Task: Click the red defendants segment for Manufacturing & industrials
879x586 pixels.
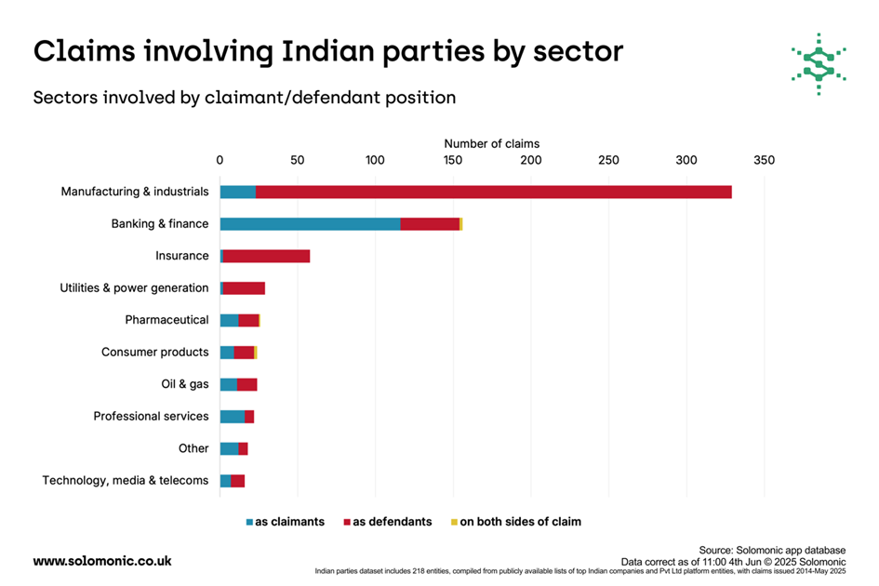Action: pos(493,192)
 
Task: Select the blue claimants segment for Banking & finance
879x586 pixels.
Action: pos(310,223)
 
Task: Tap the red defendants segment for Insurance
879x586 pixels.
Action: pos(266,256)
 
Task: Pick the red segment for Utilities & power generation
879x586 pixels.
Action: pos(244,287)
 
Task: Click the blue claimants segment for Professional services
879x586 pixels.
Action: pos(232,416)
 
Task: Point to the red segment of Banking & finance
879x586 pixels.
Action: pos(430,223)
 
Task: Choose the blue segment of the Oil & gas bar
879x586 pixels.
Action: pos(228,384)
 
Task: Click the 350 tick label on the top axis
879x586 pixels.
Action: pos(764,160)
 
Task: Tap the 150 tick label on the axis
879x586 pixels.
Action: pos(453,160)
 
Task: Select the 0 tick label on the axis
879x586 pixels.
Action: pos(220,160)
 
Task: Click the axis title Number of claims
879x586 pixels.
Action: pos(491,143)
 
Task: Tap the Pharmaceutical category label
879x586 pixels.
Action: pos(166,320)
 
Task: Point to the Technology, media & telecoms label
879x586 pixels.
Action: pos(126,480)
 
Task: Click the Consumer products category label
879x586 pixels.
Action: pos(154,352)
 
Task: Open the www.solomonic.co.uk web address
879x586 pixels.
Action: pos(102,561)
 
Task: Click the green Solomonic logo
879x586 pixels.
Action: pos(818,63)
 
